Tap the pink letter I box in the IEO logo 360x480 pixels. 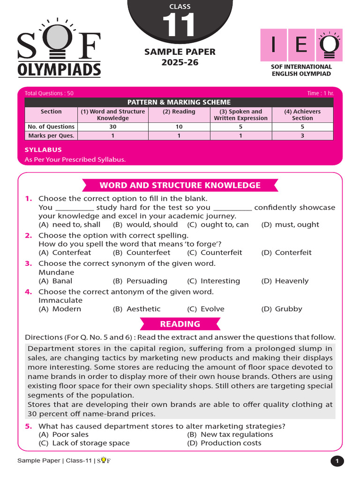(274, 45)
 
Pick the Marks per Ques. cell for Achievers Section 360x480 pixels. (302, 135)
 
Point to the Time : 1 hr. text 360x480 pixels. (320, 93)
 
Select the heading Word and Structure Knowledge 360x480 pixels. (180, 185)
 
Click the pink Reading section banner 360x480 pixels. (180, 324)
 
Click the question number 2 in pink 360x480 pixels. (28, 235)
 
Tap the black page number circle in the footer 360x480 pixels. (337, 461)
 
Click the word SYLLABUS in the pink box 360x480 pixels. (43, 150)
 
